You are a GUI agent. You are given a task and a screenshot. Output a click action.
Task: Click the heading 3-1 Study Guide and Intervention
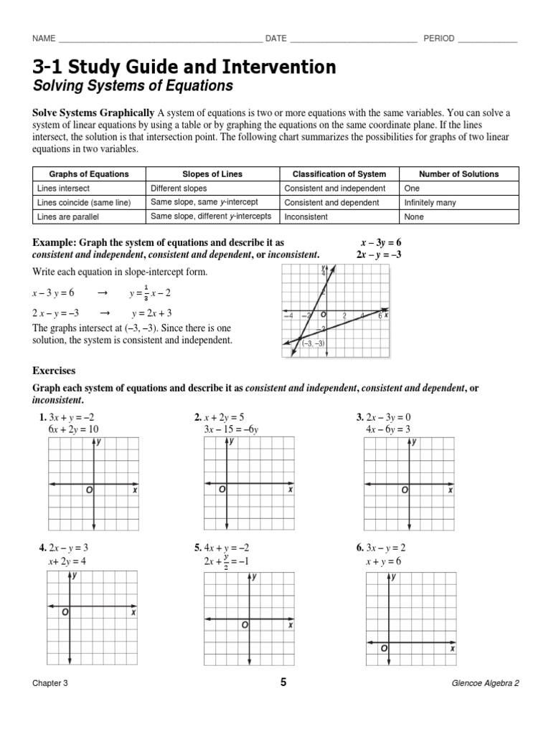(184, 67)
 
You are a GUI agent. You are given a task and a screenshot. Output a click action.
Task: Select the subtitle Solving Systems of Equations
(133, 86)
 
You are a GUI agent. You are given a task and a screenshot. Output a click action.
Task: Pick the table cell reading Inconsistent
(306, 216)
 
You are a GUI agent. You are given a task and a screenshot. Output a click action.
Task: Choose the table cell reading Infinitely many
(430, 203)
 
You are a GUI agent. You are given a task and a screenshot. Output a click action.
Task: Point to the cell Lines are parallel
(67, 216)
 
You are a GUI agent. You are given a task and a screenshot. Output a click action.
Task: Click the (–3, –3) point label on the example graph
(314, 343)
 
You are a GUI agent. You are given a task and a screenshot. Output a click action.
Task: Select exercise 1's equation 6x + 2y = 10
(73, 429)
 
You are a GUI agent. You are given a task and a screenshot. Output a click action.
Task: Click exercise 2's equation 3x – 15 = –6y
(235, 429)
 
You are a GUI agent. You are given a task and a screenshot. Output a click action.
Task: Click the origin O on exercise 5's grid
(245, 626)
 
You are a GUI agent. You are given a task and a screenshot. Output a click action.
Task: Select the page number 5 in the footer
(283, 682)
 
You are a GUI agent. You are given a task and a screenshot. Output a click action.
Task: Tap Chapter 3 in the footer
(50, 683)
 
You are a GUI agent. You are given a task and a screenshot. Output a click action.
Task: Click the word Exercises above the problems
(54, 371)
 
